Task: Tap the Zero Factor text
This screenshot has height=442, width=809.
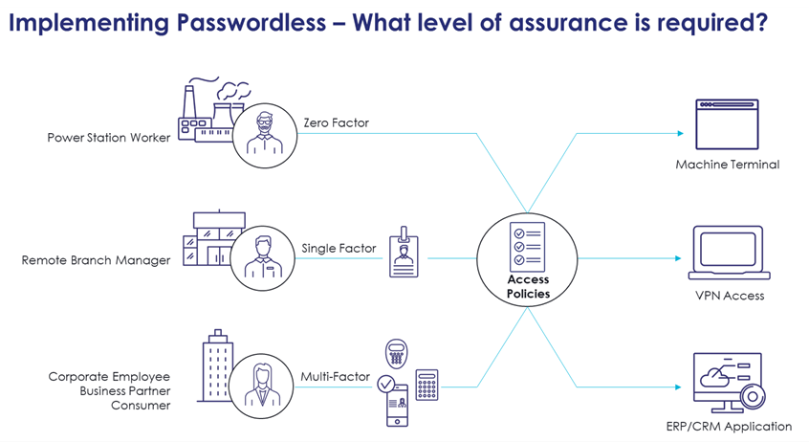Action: (x=336, y=122)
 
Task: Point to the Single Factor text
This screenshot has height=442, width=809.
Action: (x=339, y=249)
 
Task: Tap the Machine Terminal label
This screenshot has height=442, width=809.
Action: (x=727, y=165)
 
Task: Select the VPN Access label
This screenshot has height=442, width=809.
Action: (x=729, y=296)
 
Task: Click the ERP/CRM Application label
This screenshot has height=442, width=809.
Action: (x=728, y=426)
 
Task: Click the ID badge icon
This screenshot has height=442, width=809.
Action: (x=404, y=253)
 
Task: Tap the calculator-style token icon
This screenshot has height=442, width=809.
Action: (x=426, y=385)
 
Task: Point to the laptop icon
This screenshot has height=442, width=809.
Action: (x=727, y=253)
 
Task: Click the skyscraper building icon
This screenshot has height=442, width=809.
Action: (x=216, y=370)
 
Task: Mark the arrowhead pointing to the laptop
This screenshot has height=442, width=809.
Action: (x=683, y=258)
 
